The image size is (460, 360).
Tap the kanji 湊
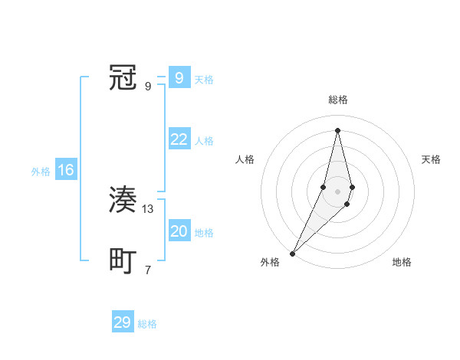123,201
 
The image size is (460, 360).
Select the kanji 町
123,261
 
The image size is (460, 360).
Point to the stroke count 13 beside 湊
149,209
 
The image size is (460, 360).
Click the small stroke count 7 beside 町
148,270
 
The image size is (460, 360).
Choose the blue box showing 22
179,139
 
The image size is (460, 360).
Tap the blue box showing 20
179,231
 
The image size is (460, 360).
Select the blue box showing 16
66,170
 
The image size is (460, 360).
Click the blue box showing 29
123,322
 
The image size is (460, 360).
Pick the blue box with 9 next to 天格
179,78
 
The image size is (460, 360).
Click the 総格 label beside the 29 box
147,324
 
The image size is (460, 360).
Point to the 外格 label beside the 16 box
41,172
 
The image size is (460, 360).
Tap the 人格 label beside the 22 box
204,141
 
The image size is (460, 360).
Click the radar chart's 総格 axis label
337,100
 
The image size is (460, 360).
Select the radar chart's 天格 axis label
432,159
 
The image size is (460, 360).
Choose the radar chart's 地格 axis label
402,262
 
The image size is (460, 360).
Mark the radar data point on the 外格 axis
293,253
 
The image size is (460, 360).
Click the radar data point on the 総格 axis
337,129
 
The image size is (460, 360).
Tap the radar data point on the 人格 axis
324,187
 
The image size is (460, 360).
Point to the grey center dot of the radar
337,191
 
